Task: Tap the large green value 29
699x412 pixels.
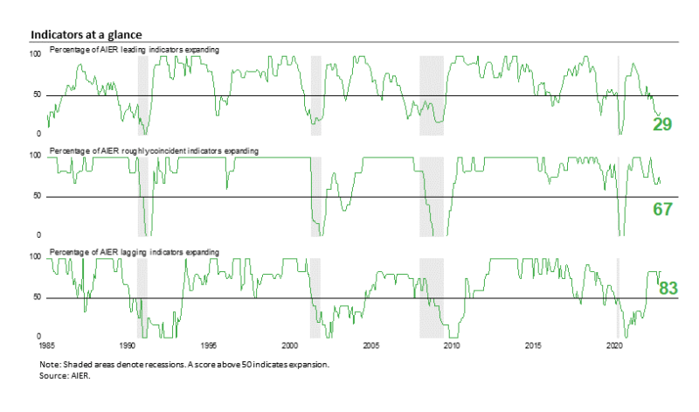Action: (662, 123)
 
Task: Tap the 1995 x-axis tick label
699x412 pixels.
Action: (209, 346)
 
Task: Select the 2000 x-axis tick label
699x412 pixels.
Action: (290, 346)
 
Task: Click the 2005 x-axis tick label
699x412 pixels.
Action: (371, 346)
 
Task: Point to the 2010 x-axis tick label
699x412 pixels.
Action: (453, 346)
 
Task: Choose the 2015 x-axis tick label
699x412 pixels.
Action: (534, 346)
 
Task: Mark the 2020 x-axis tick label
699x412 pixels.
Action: (614, 346)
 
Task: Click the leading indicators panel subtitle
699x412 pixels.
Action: (135, 50)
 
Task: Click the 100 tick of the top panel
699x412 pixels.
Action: (36, 54)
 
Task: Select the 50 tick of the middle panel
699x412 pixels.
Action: (38, 196)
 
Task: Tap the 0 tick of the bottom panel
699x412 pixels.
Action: (39, 337)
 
